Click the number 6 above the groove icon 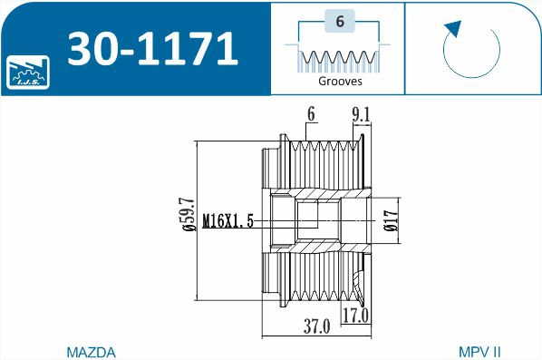(x=339, y=24)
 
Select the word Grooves (x=340, y=81)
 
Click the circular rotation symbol (x=471, y=51)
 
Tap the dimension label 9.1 (x=361, y=115)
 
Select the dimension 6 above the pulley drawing (x=311, y=114)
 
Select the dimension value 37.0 (x=316, y=326)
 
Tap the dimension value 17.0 (x=354, y=315)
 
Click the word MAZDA (x=91, y=351)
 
